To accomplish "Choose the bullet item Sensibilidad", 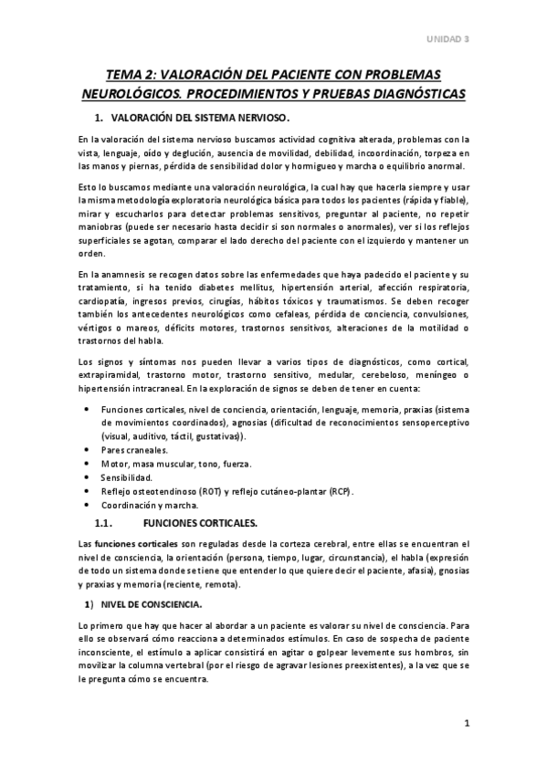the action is click(127, 477).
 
